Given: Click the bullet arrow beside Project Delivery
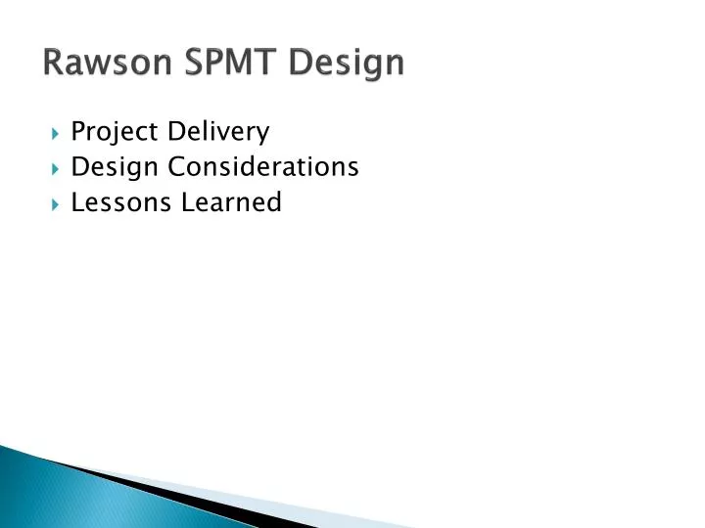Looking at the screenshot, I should (x=55, y=132).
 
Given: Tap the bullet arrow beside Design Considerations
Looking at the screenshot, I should (x=55, y=168).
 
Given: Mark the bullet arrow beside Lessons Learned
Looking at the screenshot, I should (x=55, y=203).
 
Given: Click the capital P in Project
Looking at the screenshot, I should (x=78, y=131).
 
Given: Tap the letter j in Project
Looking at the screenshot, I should (x=112, y=133).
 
